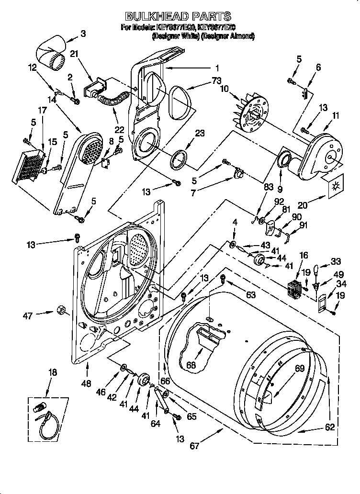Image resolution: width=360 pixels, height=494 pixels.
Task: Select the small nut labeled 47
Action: click(x=61, y=310)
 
